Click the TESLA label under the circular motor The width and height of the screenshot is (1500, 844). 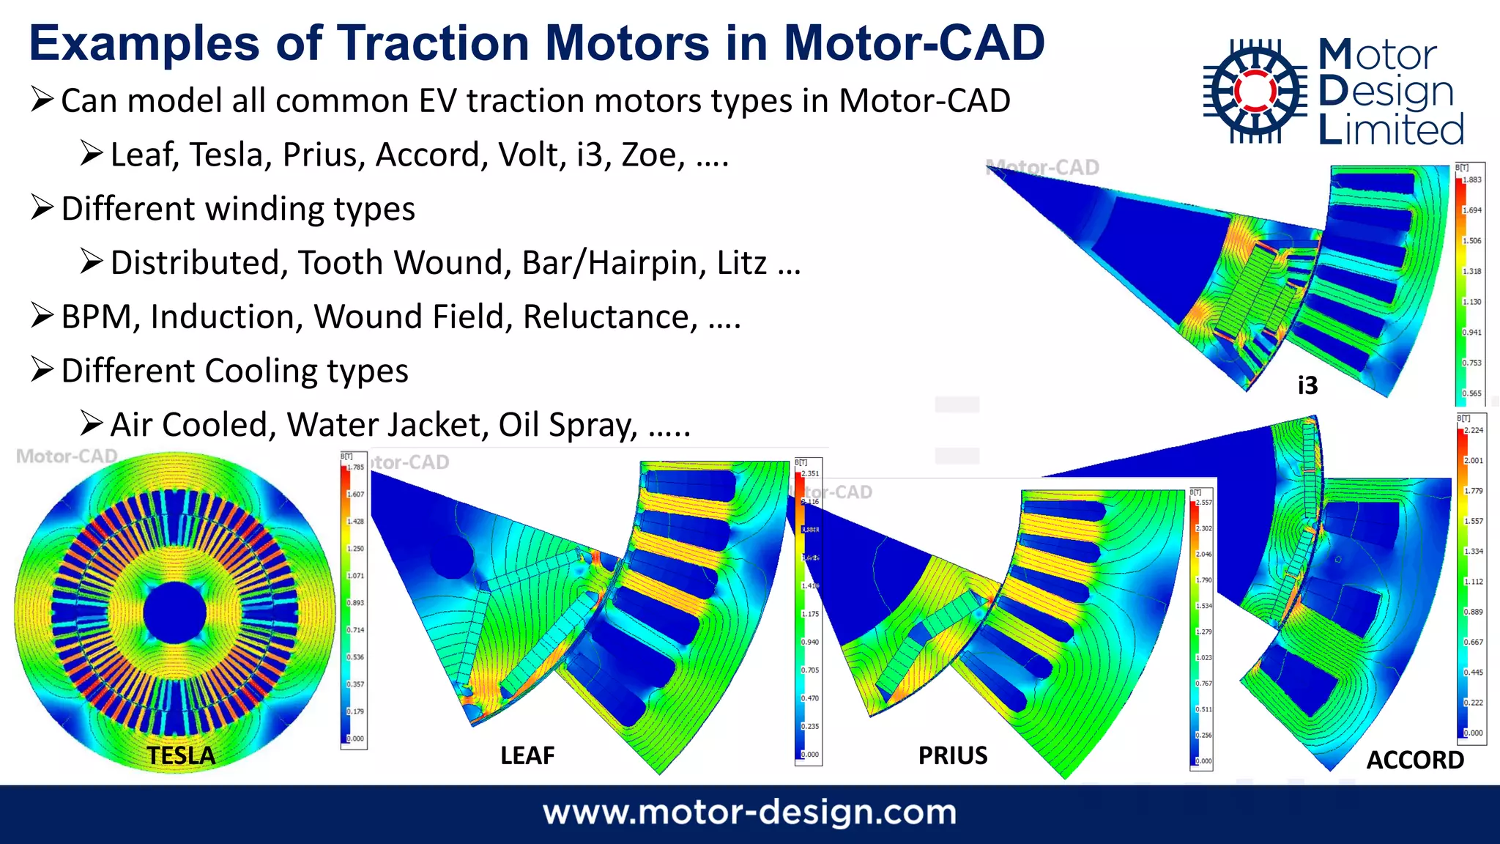point(181,755)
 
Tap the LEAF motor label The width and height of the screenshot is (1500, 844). point(527,755)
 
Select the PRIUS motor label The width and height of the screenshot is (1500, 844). point(953,755)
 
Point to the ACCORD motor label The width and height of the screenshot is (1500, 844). point(1415,760)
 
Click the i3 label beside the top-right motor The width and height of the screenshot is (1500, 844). point(1307,385)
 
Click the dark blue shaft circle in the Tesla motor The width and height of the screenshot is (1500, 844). point(175,613)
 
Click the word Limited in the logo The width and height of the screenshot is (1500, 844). point(1391,130)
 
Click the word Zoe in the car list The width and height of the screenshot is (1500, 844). point(649,155)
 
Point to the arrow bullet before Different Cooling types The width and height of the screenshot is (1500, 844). point(42,370)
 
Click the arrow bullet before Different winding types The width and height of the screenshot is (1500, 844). point(42,208)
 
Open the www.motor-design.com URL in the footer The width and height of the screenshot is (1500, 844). point(749,812)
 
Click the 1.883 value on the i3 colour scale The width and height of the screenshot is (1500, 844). point(1472,179)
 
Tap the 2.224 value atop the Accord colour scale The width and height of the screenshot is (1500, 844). point(1474,430)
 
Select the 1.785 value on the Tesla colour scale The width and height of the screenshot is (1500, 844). point(356,467)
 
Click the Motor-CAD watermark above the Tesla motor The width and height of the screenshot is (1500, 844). point(67,456)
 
